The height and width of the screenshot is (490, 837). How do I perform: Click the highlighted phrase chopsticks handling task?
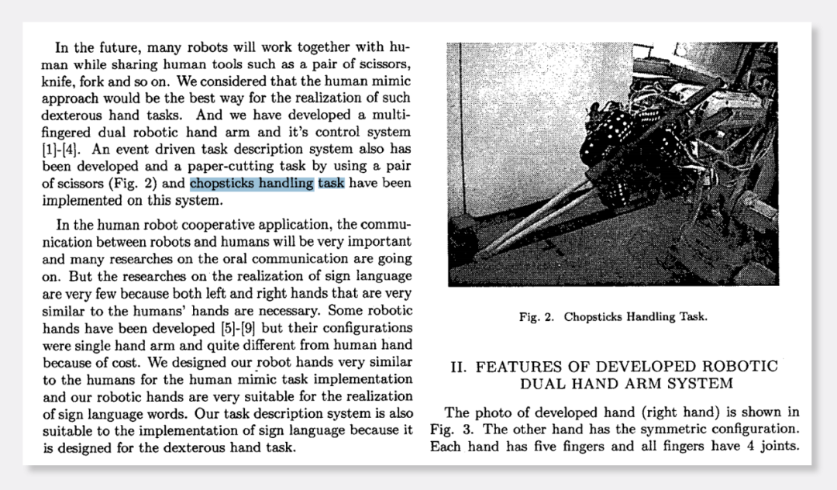[x=267, y=184]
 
